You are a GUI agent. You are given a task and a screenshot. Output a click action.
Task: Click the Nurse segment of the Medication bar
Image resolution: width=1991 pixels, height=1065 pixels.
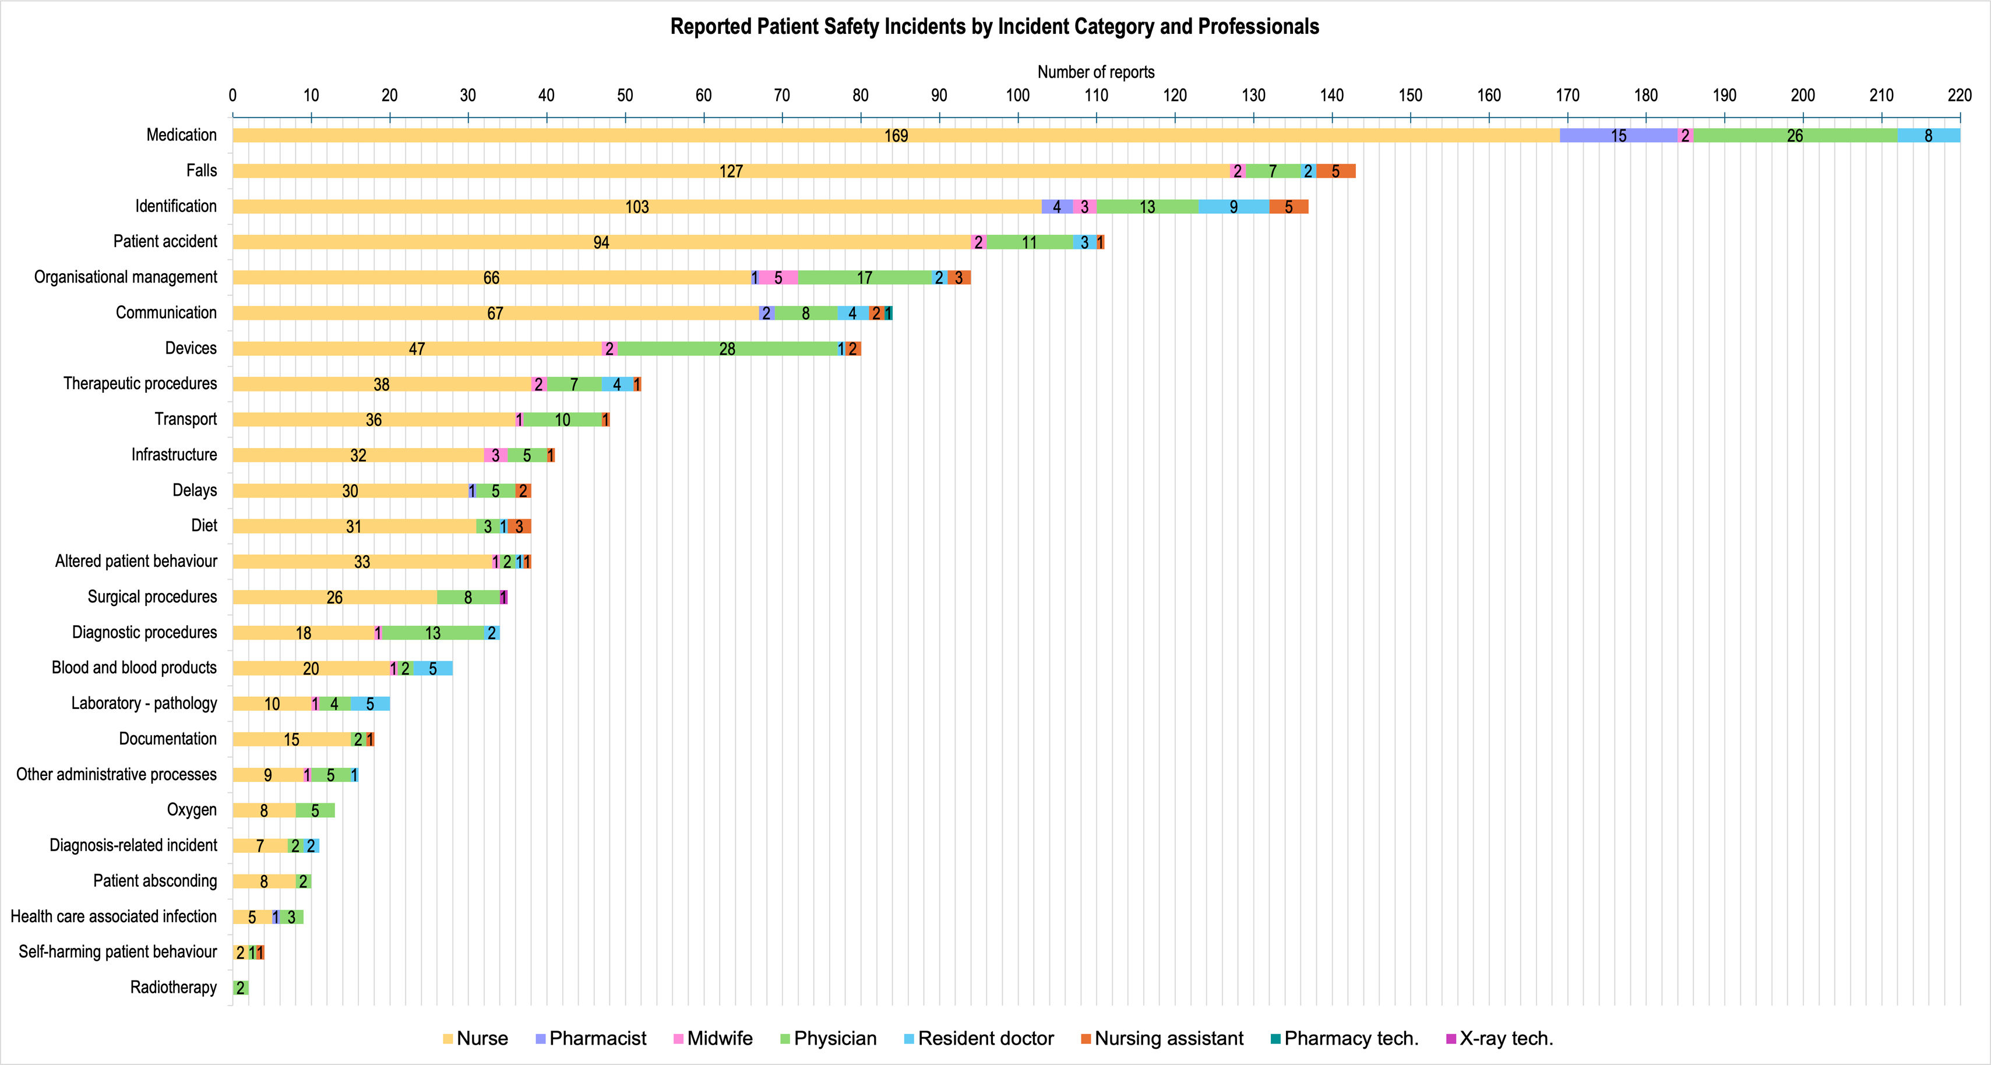click(896, 135)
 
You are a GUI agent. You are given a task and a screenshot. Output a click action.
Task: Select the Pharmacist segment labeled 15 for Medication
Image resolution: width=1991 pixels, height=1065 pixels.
click(1619, 135)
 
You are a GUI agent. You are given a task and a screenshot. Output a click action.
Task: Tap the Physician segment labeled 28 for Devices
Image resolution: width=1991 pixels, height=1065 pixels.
click(727, 348)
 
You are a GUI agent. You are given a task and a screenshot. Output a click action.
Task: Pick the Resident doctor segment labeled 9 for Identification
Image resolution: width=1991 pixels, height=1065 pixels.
click(1234, 206)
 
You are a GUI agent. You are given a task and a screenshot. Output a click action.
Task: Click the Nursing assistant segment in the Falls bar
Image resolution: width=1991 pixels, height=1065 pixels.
click(1335, 171)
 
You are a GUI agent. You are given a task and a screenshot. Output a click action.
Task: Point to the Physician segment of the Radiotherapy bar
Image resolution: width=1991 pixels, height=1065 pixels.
click(241, 988)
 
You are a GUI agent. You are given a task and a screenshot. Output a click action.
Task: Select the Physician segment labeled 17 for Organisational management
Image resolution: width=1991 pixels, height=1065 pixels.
click(865, 277)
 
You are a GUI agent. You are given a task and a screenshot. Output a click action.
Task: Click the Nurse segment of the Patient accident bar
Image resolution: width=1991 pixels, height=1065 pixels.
click(601, 242)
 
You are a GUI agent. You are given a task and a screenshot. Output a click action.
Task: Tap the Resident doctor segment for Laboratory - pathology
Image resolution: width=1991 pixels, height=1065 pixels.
click(370, 704)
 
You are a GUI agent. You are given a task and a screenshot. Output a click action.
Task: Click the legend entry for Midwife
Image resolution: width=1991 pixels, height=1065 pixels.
click(713, 1039)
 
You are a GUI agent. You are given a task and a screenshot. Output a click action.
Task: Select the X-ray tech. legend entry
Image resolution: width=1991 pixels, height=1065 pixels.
click(1499, 1039)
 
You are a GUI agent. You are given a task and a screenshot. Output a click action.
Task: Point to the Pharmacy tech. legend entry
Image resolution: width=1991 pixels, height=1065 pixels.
click(1344, 1039)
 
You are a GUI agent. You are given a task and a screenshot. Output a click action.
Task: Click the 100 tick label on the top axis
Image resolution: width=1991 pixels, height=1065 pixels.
click(1018, 96)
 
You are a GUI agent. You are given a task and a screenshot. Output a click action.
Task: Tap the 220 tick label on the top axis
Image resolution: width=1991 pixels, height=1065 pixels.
click(1960, 96)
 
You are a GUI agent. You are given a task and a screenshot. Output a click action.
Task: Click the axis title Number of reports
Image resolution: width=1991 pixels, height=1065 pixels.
click(1096, 72)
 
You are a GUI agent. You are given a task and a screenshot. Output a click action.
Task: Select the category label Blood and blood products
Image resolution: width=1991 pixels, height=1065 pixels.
click(135, 668)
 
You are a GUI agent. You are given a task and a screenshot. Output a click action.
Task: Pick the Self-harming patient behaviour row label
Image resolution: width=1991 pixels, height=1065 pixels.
click(118, 951)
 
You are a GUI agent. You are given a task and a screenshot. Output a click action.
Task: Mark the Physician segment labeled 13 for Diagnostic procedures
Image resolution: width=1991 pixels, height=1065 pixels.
click(433, 633)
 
